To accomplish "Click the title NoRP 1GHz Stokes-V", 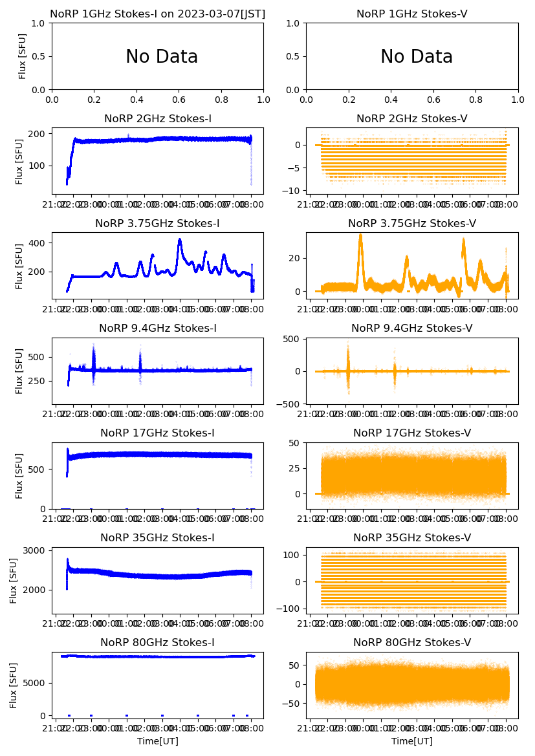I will coord(412,14).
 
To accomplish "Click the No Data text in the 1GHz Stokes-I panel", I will coord(162,57).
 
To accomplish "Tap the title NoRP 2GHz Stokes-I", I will coord(158,119).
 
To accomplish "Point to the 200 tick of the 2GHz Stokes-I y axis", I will coord(38,134).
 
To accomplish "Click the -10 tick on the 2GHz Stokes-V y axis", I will coord(296,190).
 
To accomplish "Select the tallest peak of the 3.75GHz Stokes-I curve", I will coord(180,240).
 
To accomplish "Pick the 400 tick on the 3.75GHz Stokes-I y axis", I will coord(38,243).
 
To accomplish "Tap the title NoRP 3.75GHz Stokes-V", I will coord(412,224).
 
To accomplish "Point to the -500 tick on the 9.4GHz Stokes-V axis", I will coord(292,404).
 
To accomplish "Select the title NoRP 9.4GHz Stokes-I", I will coord(158,329).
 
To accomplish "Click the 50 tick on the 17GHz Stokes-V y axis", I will coord(298,443).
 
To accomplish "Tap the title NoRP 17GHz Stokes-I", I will coord(158,433).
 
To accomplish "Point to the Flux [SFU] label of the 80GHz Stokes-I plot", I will coord(14,685).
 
